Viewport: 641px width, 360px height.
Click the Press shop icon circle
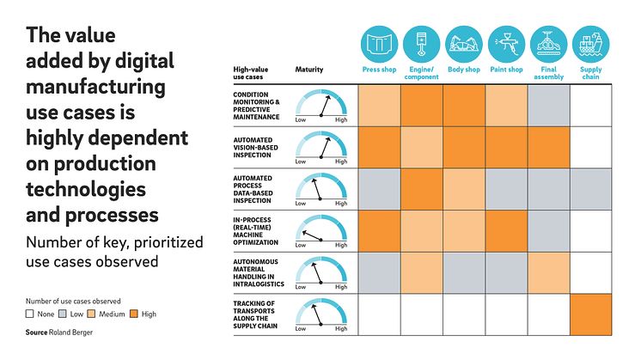379,44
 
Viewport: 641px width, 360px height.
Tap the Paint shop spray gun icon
507,44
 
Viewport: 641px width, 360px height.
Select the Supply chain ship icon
590,44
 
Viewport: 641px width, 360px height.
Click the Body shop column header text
464,70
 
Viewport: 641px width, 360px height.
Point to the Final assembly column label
548,73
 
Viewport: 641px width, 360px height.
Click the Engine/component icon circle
421,44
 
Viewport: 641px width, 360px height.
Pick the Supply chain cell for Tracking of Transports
590,314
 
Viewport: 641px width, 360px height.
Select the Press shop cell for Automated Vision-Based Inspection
379,148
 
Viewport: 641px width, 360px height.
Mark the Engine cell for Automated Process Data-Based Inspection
421,189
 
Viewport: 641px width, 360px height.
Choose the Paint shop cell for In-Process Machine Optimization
506,231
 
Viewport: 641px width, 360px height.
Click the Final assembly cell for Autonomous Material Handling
548,272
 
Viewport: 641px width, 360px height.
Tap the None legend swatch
30,314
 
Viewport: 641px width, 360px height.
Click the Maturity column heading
309,69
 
